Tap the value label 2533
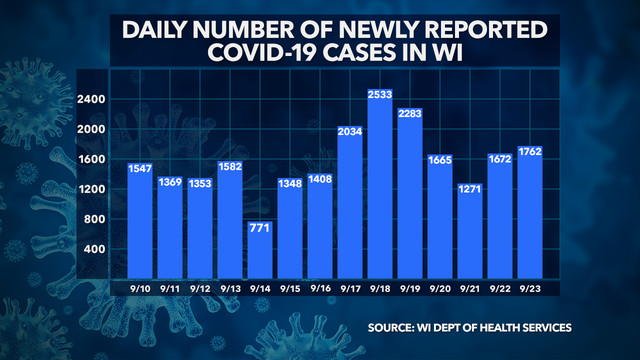point(380,95)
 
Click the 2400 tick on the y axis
point(95,98)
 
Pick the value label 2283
point(410,114)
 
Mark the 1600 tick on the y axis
point(95,159)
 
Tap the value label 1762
point(528,153)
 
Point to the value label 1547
point(142,168)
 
